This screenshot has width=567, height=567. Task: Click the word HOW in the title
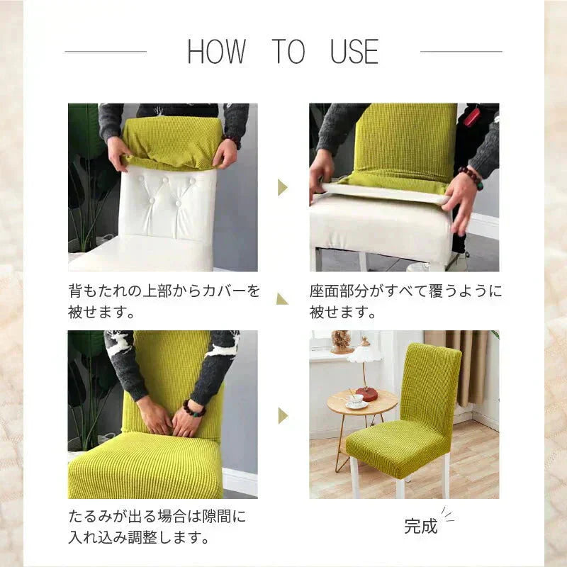click(x=216, y=52)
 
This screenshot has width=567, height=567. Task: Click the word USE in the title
click(x=354, y=52)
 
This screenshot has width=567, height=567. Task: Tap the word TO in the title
click(x=288, y=52)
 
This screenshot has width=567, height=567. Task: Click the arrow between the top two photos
click(x=282, y=187)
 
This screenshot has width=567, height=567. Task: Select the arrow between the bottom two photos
click(x=282, y=415)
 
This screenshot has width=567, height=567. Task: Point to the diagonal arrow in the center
click(x=282, y=299)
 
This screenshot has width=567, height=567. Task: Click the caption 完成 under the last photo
click(x=421, y=526)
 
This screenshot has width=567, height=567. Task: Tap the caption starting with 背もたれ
click(x=164, y=301)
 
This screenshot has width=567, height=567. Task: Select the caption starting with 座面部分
click(x=405, y=301)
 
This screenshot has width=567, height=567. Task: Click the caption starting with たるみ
click(x=157, y=527)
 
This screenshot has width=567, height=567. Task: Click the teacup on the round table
click(x=356, y=400)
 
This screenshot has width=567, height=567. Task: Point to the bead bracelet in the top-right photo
click(x=470, y=178)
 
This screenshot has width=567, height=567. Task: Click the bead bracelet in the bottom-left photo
click(x=192, y=409)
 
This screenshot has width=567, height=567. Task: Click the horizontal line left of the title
click(x=105, y=51)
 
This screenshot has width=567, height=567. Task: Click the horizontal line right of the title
click(x=461, y=51)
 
